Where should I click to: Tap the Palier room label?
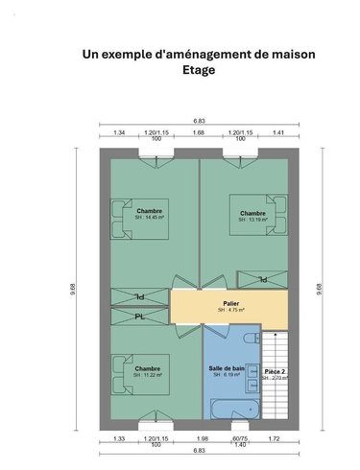click(x=230, y=303)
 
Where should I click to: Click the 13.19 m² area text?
click(x=253, y=220)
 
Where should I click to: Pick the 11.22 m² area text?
click(x=148, y=376)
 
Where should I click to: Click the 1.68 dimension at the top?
click(x=199, y=131)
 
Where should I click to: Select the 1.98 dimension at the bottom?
click(x=203, y=437)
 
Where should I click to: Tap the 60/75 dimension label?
click(x=239, y=437)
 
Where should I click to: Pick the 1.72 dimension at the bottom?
click(x=274, y=437)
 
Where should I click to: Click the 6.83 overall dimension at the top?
click(x=199, y=120)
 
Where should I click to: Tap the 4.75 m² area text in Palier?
click(x=230, y=311)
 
